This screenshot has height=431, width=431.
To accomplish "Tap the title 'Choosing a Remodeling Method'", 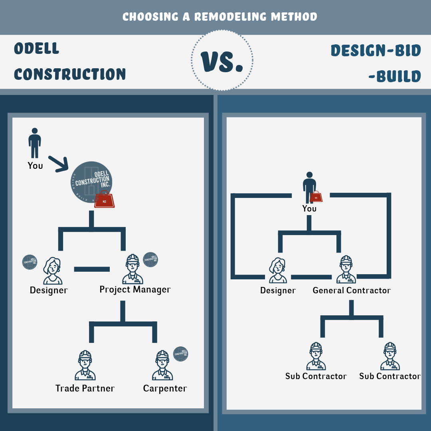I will click(x=219, y=17).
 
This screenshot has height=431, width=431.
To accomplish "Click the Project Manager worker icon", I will click(x=132, y=269).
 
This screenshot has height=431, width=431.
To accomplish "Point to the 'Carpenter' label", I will click(x=165, y=388).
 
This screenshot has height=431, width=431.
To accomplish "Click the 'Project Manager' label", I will click(x=135, y=289).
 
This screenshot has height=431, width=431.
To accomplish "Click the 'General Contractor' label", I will click(x=352, y=290).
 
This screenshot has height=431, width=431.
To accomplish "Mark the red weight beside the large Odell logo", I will click(x=105, y=201).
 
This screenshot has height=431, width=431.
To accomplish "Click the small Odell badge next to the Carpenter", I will click(x=181, y=354).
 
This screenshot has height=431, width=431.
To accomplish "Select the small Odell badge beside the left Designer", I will click(x=30, y=262).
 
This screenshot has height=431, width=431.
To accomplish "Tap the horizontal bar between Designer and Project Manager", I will click(x=92, y=269).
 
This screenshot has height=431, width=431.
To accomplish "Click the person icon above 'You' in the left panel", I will click(x=35, y=143).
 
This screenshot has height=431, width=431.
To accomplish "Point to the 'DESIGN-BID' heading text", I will click(x=376, y=51).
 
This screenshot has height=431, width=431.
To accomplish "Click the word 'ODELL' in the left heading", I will click(x=36, y=49).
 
